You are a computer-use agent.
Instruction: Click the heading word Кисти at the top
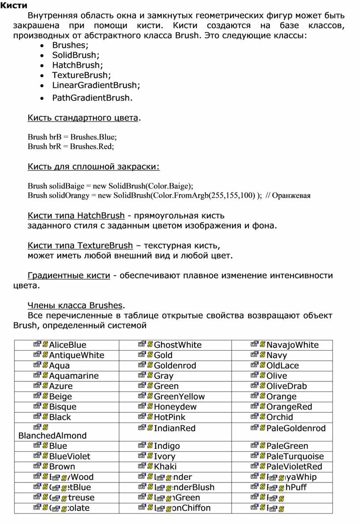point(13,6)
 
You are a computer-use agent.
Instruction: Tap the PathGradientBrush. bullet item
point(92,98)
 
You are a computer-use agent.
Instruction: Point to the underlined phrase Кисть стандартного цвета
point(83,118)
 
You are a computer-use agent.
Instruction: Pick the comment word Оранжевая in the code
point(291,196)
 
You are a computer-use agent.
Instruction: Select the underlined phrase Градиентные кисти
point(69,275)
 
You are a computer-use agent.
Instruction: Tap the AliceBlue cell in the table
point(67,345)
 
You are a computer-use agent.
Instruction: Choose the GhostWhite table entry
point(177,345)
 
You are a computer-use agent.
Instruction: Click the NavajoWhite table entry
point(292,345)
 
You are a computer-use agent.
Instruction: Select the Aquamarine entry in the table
point(74,376)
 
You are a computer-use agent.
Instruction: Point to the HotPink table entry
point(169,417)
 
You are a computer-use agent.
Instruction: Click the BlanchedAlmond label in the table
point(52,435)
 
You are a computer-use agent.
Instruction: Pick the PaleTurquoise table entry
point(295,456)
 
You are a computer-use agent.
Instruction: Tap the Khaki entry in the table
point(165,466)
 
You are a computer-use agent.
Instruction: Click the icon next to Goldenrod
point(145,365)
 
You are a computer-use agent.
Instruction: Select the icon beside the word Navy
point(258,355)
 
